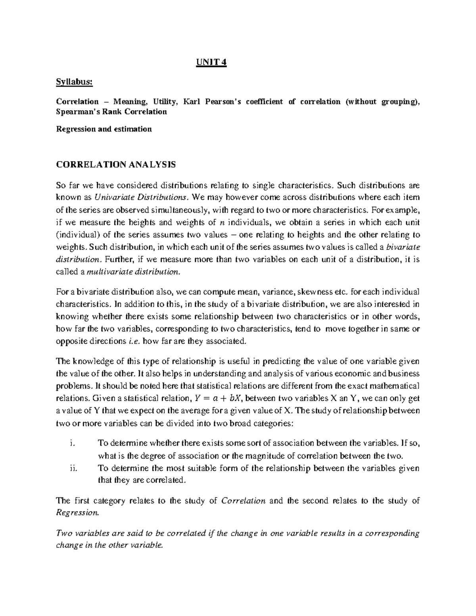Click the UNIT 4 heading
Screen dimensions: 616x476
click(212, 63)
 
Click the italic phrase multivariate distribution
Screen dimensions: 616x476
click(133, 272)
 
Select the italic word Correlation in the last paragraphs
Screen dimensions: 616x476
click(243, 501)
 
